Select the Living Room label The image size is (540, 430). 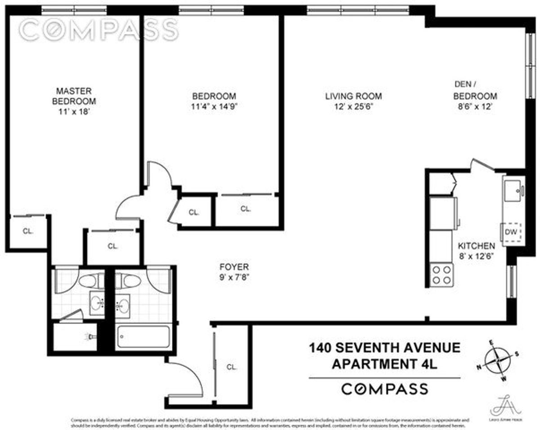353,96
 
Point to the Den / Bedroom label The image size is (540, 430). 475,90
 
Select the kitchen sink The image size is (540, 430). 513,190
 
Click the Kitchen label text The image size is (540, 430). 477,246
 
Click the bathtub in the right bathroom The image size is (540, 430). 143,337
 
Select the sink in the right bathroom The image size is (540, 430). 122,304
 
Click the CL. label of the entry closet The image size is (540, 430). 232,367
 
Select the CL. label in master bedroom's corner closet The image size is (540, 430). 28,231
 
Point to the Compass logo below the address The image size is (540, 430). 384,389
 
